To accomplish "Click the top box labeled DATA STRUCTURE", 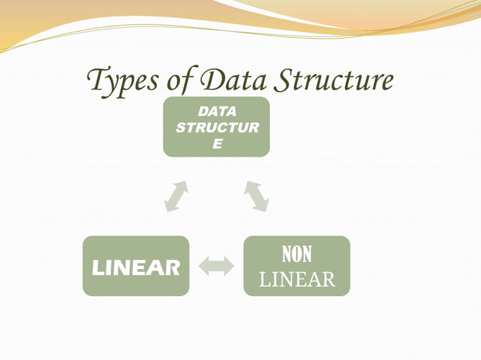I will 216,127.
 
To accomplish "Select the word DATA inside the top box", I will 217,113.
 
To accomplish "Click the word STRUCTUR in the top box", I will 217,128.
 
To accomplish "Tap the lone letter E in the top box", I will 217,143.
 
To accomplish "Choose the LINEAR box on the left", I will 136,265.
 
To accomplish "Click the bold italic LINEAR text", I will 136,267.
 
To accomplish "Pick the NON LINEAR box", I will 296,265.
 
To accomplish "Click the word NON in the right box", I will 296,254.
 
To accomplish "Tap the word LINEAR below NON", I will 296,280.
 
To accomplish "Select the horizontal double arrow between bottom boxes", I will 216,266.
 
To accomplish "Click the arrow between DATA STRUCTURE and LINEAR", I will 176,196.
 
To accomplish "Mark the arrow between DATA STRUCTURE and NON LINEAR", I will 256,196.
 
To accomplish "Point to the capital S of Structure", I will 269,79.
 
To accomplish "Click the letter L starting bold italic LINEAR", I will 98,267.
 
